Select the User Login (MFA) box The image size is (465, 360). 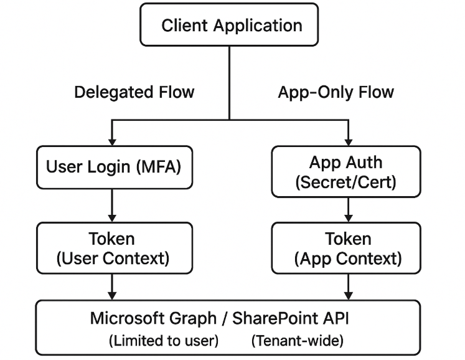(x=113, y=167)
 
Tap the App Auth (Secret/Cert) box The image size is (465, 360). (x=346, y=172)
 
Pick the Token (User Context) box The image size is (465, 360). (x=113, y=248)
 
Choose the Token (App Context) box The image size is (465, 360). (x=347, y=248)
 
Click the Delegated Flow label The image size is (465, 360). (x=134, y=92)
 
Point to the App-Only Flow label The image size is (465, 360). (x=336, y=92)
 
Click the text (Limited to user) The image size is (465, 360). (x=164, y=341)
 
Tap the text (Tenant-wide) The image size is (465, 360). (x=298, y=341)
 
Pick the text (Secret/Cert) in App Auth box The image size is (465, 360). (x=346, y=181)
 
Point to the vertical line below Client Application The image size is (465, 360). (x=229, y=81)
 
